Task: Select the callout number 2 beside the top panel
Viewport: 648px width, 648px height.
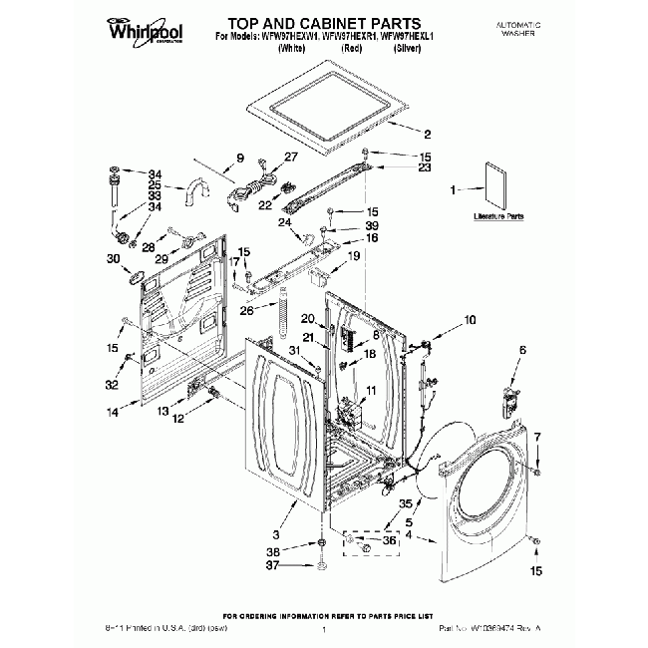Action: (x=428, y=135)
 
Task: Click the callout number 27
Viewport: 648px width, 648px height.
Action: (x=290, y=157)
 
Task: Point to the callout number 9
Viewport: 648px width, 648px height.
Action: (x=239, y=157)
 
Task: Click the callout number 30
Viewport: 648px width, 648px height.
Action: (x=112, y=258)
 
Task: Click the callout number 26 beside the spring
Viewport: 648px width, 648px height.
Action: (x=245, y=309)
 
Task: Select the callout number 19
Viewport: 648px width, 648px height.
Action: (x=353, y=256)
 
